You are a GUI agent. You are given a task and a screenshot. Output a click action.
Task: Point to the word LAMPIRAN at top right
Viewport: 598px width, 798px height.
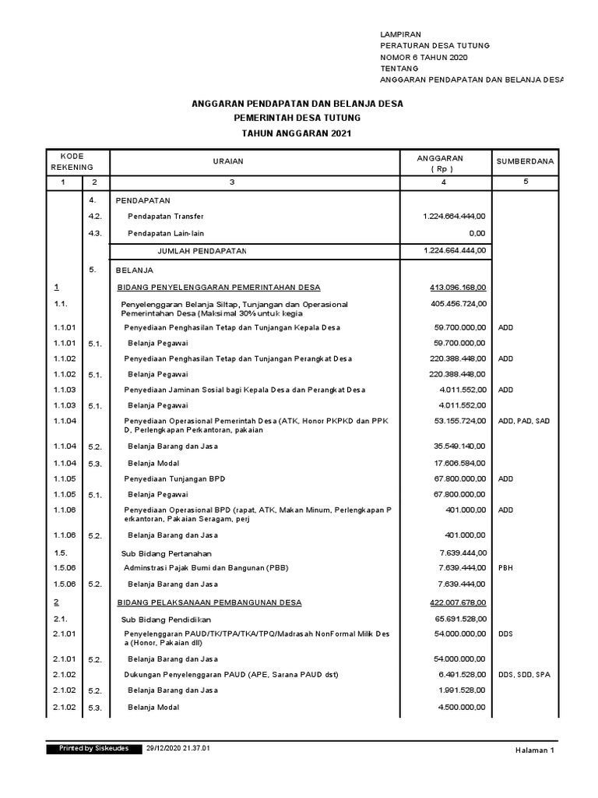click(x=400, y=35)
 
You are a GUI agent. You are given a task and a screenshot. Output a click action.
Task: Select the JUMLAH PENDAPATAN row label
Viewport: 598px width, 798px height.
click(x=202, y=251)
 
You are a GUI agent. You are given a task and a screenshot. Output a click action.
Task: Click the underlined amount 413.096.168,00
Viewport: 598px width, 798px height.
click(x=458, y=287)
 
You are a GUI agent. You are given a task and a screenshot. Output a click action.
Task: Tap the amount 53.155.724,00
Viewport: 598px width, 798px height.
click(x=460, y=421)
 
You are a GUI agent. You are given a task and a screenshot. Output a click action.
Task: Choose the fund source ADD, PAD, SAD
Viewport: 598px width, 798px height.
click(x=524, y=421)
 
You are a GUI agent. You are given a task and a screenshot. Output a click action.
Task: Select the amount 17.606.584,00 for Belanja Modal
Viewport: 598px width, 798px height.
click(x=460, y=463)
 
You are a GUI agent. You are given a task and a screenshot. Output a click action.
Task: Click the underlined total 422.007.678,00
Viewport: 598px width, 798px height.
click(x=458, y=602)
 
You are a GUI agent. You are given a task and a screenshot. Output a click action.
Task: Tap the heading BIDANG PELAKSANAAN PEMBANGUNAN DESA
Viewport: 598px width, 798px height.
click(x=209, y=602)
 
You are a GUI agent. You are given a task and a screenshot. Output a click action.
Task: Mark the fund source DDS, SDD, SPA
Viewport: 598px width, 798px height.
click(x=524, y=674)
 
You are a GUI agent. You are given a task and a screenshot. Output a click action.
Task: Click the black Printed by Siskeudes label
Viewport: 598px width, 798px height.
click(x=93, y=748)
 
